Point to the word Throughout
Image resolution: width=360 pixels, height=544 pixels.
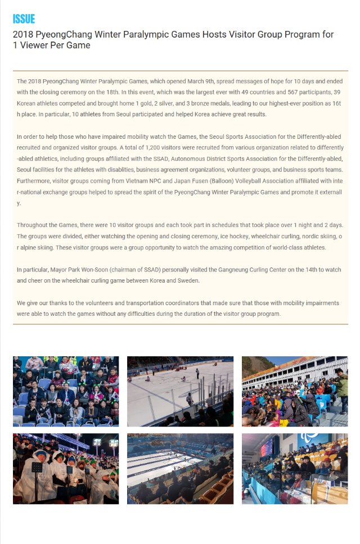(32, 225)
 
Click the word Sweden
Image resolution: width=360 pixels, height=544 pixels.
(189, 280)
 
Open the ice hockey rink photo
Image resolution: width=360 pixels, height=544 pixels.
(180, 391)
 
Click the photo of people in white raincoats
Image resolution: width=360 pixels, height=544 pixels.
(66, 468)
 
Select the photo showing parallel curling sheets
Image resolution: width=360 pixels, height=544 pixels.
(180, 468)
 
